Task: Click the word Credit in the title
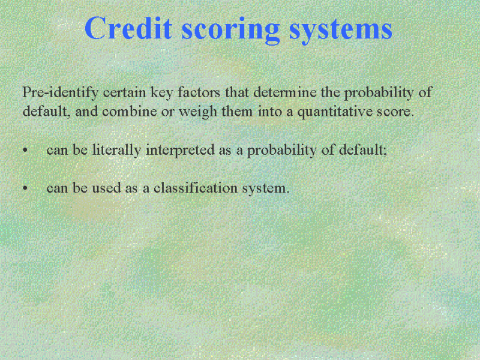128,28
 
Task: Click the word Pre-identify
61,92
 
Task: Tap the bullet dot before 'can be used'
25,188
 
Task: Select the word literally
116,151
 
